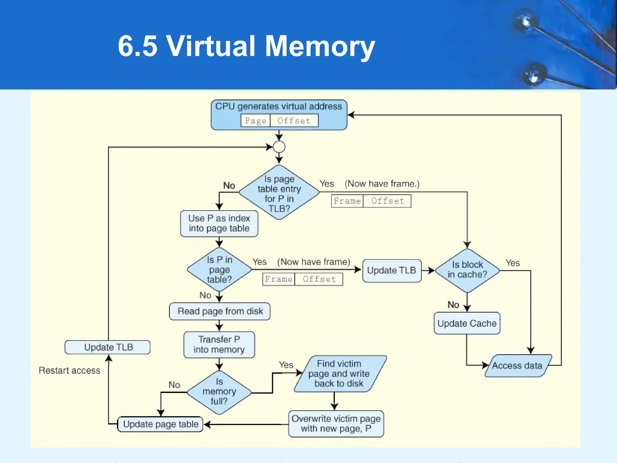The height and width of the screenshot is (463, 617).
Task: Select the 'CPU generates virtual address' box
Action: [279, 107]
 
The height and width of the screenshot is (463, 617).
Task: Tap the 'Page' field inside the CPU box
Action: [255, 121]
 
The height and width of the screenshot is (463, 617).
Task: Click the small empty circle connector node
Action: [279, 147]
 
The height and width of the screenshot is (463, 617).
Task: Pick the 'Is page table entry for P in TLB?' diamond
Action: [279, 193]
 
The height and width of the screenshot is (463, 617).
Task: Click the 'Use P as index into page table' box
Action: [219, 223]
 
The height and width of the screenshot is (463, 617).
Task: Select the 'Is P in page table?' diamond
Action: [219, 269]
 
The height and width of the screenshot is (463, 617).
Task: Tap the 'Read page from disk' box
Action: [220, 311]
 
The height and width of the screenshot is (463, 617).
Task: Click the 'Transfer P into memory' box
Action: [219, 345]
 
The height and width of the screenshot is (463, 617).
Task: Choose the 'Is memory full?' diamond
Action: [219, 392]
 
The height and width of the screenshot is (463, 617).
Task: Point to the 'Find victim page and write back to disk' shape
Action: [339, 373]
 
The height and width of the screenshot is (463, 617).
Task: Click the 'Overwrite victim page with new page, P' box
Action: [336, 424]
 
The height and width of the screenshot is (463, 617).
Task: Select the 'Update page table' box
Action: [160, 424]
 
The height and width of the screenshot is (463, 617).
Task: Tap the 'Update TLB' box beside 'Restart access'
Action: [108, 347]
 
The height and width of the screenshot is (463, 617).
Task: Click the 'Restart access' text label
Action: [69, 370]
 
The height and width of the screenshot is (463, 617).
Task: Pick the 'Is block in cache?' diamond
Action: [467, 270]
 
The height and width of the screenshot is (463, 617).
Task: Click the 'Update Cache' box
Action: [467, 323]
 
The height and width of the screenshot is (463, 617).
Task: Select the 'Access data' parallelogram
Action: [517, 366]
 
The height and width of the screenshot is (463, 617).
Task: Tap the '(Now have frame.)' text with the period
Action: [382, 184]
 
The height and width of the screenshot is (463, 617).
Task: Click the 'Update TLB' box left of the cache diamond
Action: [391, 270]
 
